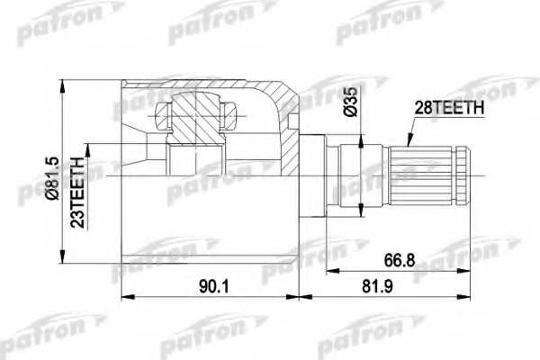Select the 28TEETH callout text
[x=447, y=108]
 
